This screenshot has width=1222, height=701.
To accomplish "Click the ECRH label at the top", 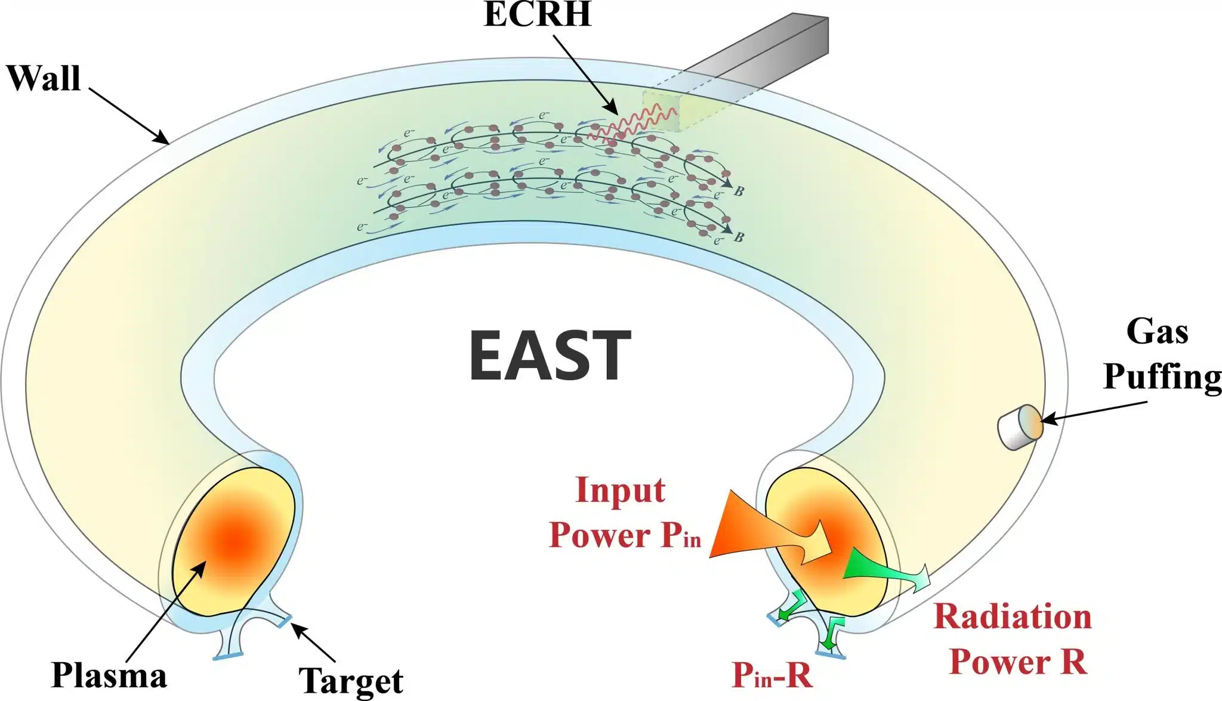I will [x=537, y=14].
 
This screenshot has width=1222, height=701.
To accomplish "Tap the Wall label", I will [x=44, y=78].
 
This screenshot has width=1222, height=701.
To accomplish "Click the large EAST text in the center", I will [x=550, y=356].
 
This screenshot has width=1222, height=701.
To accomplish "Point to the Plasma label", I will [x=109, y=676].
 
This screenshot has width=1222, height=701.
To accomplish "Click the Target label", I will [x=351, y=681].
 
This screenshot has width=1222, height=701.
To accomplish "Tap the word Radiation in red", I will [x=1013, y=616].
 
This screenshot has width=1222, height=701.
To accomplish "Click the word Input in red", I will [x=620, y=490].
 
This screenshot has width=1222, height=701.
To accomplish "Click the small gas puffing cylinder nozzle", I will [x=1020, y=427].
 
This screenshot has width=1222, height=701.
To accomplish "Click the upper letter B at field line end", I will [x=739, y=192].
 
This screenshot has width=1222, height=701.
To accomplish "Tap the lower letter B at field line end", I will [x=739, y=237].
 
